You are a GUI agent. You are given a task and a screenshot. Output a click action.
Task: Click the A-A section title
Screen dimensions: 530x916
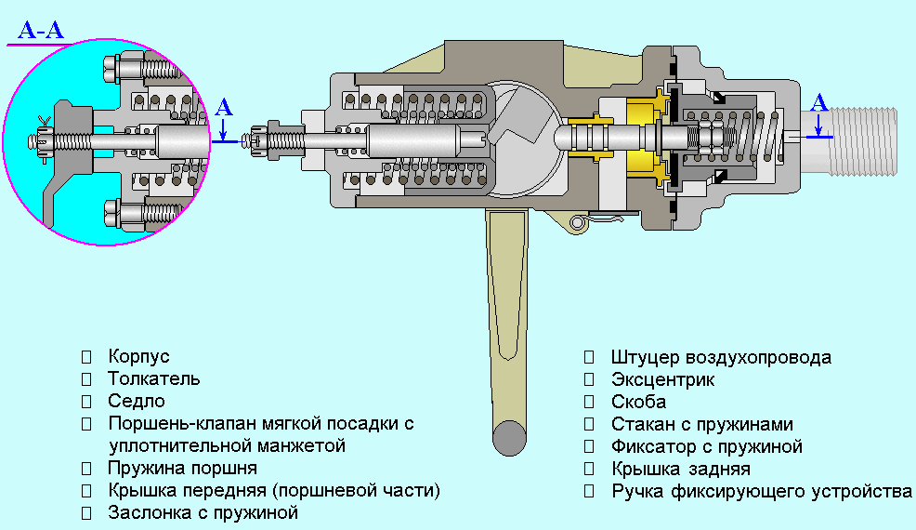coord(41,30)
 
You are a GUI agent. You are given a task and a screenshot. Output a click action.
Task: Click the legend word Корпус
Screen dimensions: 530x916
coord(139,356)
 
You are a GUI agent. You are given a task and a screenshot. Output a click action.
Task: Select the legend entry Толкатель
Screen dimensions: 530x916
coord(153,378)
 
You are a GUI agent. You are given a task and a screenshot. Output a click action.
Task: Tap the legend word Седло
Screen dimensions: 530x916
coord(137,401)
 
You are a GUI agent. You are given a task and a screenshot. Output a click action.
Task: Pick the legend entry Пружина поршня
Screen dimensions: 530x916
coord(182,468)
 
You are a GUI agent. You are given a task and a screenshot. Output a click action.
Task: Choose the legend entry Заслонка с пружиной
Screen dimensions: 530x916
coord(203,512)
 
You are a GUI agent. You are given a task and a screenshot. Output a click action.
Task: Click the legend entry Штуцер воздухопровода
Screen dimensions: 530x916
coord(721,357)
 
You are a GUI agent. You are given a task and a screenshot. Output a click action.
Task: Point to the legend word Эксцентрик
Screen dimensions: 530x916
coord(662,379)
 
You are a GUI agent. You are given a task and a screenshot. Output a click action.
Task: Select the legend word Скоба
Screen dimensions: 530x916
coord(638,402)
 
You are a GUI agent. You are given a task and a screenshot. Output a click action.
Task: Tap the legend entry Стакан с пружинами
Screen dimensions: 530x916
coord(702,424)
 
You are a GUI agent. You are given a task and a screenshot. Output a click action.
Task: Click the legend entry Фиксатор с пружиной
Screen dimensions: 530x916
coord(707,446)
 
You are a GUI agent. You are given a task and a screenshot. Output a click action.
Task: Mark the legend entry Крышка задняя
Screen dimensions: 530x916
coord(681,469)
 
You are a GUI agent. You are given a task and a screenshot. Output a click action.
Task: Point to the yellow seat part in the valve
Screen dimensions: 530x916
coord(645,139)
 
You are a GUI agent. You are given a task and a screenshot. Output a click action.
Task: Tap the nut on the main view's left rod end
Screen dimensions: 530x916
coord(277,139)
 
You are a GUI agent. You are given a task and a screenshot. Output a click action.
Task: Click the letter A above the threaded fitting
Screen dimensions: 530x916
coord(818,102)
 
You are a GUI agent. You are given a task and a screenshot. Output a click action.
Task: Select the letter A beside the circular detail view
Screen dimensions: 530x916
coord(223,107)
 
